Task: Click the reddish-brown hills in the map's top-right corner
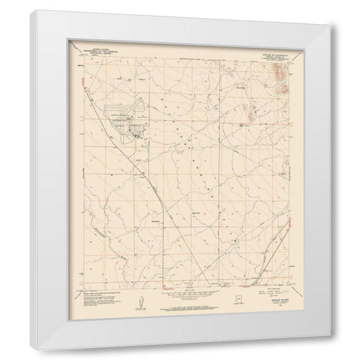278,75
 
